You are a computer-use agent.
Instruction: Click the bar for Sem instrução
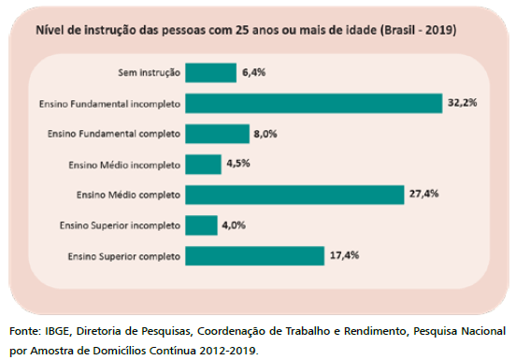click(210, 73)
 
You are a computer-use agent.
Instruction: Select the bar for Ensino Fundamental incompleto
click(313, 103)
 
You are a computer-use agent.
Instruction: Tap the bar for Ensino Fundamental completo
click(217, 134)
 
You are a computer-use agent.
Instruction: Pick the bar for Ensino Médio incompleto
click(203, 165)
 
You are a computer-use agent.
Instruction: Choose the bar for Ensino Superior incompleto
click(201, 225)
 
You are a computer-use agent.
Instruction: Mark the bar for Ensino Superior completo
click(254, 255)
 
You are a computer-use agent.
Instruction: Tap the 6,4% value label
click(253, 73)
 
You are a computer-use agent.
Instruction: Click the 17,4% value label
click(343, 255)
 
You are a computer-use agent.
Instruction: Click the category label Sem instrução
click(150, 73)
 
